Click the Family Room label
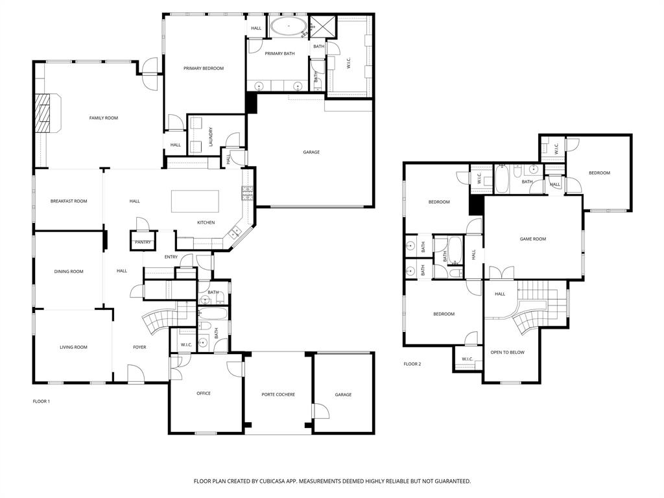(103, 118)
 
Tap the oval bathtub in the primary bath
(289, 26)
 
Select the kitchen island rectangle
(195, 201)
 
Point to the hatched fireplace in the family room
(42, 113)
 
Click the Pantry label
(143, 243)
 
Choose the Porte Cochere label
(278, 394)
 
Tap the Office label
(204, 393)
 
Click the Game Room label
(533, 239)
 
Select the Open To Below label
(507, 352)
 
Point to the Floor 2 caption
(412, 364)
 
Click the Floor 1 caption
(41, 401)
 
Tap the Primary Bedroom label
(203, 68)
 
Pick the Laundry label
(211, 137)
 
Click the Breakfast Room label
(69, 201)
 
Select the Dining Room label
(69, 272)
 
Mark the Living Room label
(73, 347)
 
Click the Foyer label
(139, 347)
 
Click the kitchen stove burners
(247, 193)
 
